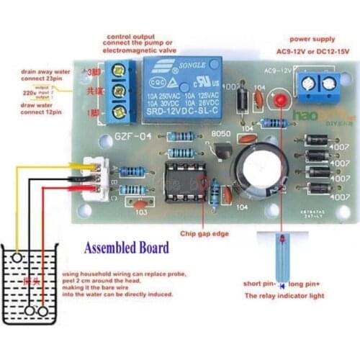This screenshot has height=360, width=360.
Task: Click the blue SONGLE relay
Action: [186, 91]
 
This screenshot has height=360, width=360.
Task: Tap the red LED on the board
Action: [280, 101]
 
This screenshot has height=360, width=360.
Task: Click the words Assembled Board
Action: [127, 248]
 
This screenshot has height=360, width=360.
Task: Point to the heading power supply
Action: [311, 39]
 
